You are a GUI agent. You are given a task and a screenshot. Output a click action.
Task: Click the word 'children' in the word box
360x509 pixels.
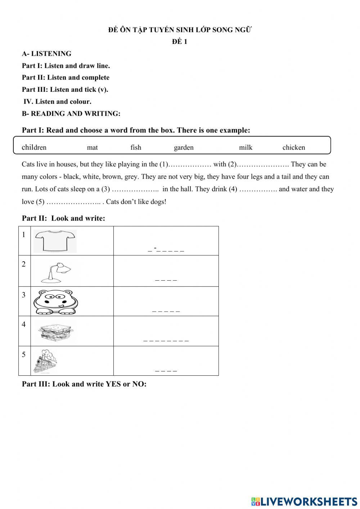[x=34, y=147]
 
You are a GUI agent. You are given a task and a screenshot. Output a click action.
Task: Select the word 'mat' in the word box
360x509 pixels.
[x=92, y=147]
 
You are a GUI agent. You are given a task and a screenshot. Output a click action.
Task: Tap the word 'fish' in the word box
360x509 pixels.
[x=136, y=147]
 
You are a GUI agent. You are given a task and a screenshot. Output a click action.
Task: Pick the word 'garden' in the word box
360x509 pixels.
[x=184, y=147]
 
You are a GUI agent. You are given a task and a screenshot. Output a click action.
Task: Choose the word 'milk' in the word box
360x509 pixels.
[x=246, y=147]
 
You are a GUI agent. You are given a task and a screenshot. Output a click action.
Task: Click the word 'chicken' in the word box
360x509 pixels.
[x=293, y=147]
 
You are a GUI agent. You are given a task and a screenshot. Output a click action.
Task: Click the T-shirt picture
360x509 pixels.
[x=55, y=241]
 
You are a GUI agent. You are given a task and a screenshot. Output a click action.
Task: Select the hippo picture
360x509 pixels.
[x=55, y=302]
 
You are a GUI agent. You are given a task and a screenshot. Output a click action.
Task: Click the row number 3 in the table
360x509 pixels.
[x=24, y=295]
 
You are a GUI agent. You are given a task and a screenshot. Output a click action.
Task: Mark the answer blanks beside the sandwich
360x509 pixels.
[x=166, y=340]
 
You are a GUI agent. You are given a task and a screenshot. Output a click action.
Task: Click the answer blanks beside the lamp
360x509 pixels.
[x=166, y=280]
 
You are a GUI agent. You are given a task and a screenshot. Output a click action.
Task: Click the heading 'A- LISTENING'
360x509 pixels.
[x=46, y=54]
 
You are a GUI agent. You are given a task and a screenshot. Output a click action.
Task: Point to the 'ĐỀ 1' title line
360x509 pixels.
[x=179, y=42]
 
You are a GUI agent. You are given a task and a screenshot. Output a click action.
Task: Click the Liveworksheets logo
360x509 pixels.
[x=304, y=501]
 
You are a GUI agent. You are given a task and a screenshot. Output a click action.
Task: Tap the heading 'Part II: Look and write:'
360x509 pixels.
[x=63, y=218]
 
